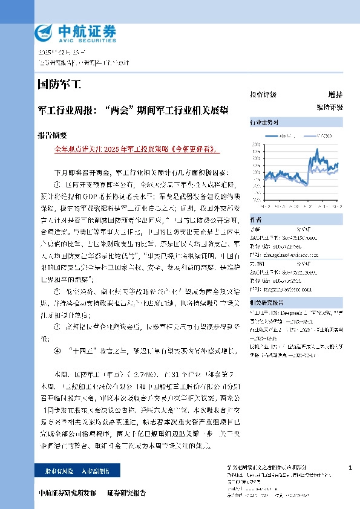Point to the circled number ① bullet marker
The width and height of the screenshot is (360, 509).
tap(57, 184)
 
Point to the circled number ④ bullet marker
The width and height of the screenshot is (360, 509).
tap(57, 350)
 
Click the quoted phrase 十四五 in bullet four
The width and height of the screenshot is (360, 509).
tap(82, 350)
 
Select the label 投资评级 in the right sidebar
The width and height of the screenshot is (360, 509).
tap(263, 95)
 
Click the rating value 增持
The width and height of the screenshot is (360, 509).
tap(335, 95)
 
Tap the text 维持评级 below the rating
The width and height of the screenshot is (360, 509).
tap(329, 107)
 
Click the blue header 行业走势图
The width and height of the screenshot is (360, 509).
tap(264, 123)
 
